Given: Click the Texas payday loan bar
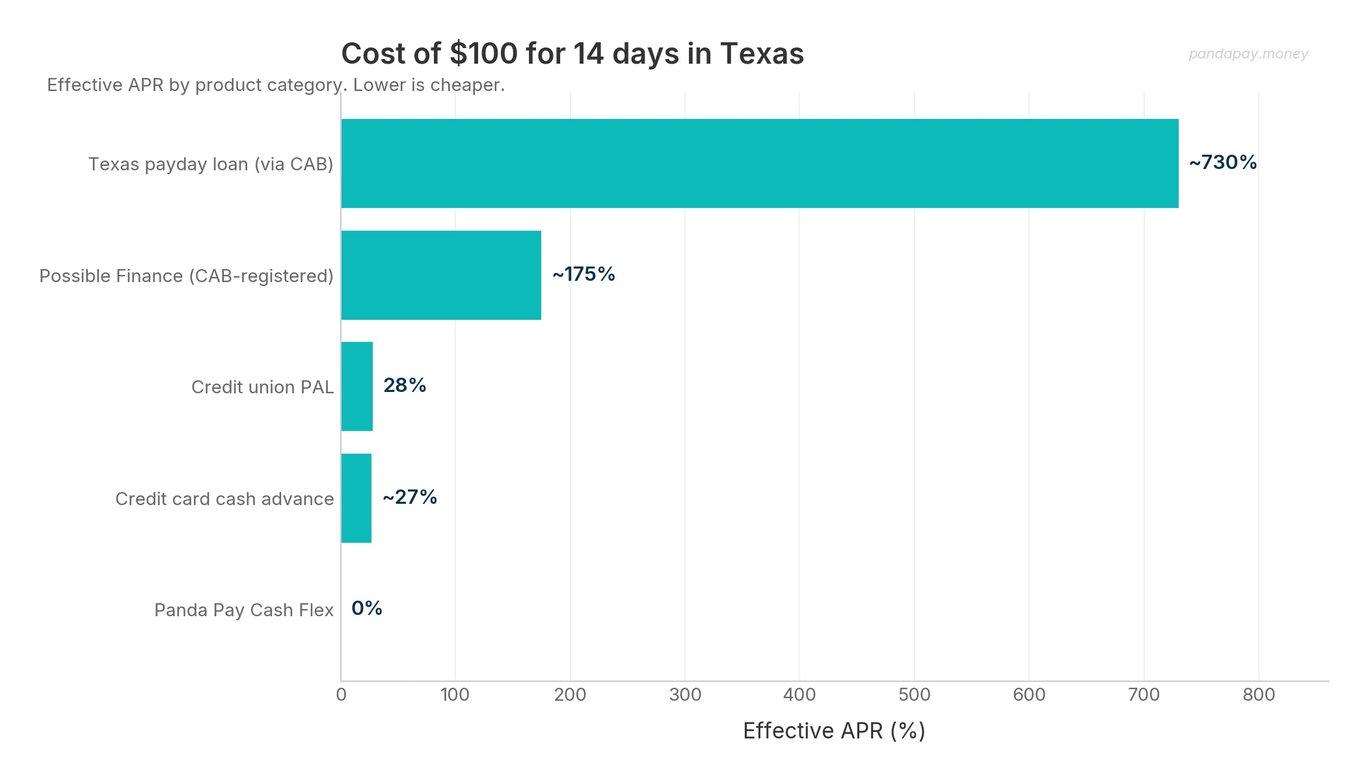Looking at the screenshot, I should [759, 163].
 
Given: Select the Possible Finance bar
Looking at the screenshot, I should [441, 275].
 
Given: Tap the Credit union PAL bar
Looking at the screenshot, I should [357, 386].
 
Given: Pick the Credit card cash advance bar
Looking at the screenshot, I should [356, 498].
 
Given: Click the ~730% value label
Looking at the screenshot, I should [1223, 163].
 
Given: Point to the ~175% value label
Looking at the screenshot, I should [583, 274].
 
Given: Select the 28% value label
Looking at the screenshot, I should [405, 385].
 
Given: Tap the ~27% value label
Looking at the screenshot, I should [410, 497].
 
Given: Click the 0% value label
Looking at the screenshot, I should [367, 608].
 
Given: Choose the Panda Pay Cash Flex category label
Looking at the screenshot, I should [244, 610].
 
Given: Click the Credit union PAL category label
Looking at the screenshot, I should [262, 387].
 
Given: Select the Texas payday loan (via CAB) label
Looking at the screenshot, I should [211, 164].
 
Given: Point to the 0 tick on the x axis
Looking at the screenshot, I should [341, 695].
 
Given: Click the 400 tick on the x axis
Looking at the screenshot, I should [799, 695].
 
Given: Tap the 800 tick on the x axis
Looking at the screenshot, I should [1259, 695].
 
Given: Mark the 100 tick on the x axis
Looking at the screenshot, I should [455, 695].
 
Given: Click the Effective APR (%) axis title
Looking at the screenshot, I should [834, 731].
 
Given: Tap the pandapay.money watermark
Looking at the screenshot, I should [1248, 54].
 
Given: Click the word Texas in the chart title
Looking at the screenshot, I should [762, 53].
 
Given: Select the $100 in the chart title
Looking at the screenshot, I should [483, 53].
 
